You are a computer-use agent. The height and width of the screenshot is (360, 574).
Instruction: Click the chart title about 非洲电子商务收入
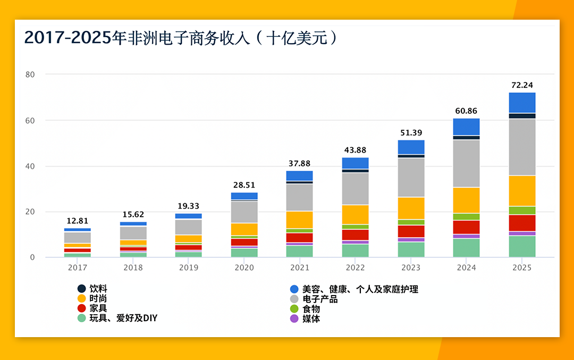pos(181,38)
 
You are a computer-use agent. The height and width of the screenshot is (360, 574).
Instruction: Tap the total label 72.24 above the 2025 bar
pos(521,85)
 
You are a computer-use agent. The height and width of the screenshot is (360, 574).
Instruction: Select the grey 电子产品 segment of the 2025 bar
pos(522,147)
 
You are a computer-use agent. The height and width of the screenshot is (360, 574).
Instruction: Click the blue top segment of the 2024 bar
pos(466,126)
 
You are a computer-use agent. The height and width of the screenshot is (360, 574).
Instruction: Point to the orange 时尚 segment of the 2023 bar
pos(411,208)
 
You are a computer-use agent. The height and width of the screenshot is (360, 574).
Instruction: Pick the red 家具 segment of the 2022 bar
pos(355,235)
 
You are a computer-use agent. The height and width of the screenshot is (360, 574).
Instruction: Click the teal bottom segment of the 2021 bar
pos(299,251)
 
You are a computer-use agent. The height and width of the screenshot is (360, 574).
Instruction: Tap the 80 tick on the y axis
pos(30,74)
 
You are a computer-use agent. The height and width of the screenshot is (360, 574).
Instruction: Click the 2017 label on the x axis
pos(78,267)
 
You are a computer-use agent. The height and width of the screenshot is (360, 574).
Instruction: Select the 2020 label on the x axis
pos(244,267)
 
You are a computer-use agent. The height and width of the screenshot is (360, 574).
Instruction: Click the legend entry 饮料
pos(98,289)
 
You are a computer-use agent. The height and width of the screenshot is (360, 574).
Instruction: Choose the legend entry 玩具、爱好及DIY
pos(123,318)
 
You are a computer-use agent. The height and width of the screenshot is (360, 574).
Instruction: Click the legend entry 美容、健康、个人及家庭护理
pos(360,289)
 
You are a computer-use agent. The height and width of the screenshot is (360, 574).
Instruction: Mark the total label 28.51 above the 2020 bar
pos(244,185)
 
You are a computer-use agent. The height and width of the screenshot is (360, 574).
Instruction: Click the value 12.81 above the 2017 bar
pos(78,221)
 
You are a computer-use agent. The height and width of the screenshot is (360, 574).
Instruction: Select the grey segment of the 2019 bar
pos(189,227)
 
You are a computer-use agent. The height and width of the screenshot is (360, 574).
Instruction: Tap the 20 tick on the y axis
pos(30,212)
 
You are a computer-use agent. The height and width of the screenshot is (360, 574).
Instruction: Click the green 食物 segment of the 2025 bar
pos(522,210)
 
